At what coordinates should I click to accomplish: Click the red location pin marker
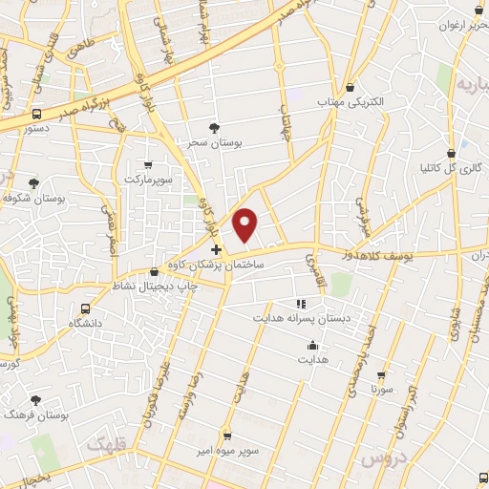[246, 224]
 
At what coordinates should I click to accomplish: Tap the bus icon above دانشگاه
[87, 308]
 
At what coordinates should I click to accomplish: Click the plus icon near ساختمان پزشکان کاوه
[217, 249]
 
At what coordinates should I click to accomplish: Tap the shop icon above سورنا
[381, 375]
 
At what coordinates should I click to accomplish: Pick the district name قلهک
[106, 445]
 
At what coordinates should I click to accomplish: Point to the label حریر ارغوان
[460, 25]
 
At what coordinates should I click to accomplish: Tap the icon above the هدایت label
[312, 346]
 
